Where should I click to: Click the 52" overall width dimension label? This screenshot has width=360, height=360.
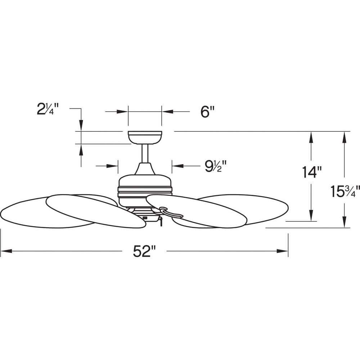click(x=144, y=251)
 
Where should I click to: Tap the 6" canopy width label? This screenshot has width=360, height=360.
click(x=207, y=112)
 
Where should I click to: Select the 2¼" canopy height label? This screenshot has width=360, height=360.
click(x=48, y=109)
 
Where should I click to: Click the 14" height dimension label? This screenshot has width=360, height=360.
click(x=311, y=172)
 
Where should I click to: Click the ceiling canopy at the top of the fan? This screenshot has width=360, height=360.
click(x=145, y=138)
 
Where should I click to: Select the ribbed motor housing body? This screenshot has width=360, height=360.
click(x=145, y=190)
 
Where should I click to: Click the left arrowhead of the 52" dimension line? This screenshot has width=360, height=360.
click(x=6, y=251)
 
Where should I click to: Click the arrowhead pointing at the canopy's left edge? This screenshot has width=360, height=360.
click(x=122, y=112)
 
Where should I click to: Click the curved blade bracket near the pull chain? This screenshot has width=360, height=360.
click(x=171, y=212)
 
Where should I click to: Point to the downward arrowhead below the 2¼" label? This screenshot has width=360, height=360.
click(x=81, y=126)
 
